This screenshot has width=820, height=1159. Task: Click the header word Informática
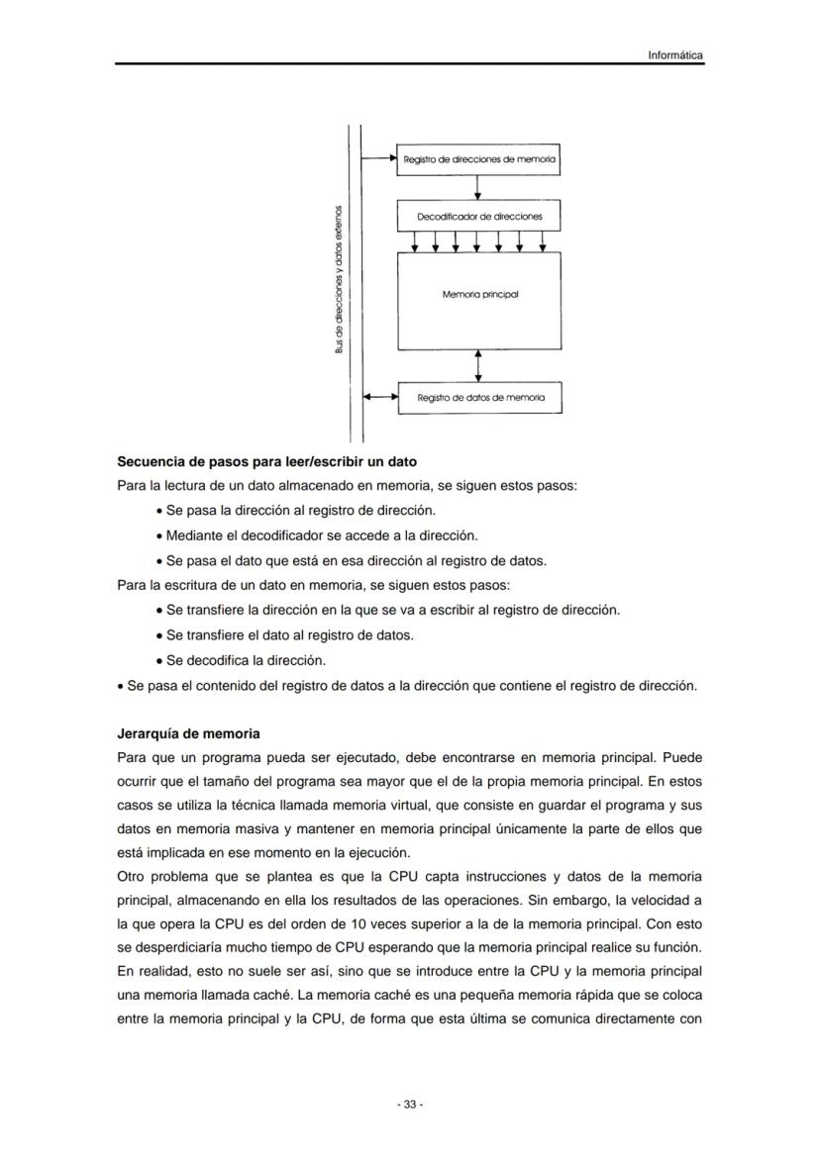click(675, 55)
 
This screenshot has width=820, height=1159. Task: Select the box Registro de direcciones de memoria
click(478, 159)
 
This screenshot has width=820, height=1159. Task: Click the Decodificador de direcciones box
click(478, 215)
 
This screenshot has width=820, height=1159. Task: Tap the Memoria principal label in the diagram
click(479, 294)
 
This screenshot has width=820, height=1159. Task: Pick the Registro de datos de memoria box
click(479, 397)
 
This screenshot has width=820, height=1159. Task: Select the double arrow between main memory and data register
click(478, 364)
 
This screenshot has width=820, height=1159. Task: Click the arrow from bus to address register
click(379, 158)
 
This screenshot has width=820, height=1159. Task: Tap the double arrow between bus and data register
click(379, 397)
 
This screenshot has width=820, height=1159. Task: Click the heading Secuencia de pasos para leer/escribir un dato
click(266, 461)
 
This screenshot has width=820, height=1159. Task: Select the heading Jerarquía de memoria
click(188, 733)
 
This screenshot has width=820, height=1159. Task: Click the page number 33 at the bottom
click(409, 1104)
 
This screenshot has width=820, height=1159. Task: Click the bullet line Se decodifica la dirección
click(246, 659)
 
